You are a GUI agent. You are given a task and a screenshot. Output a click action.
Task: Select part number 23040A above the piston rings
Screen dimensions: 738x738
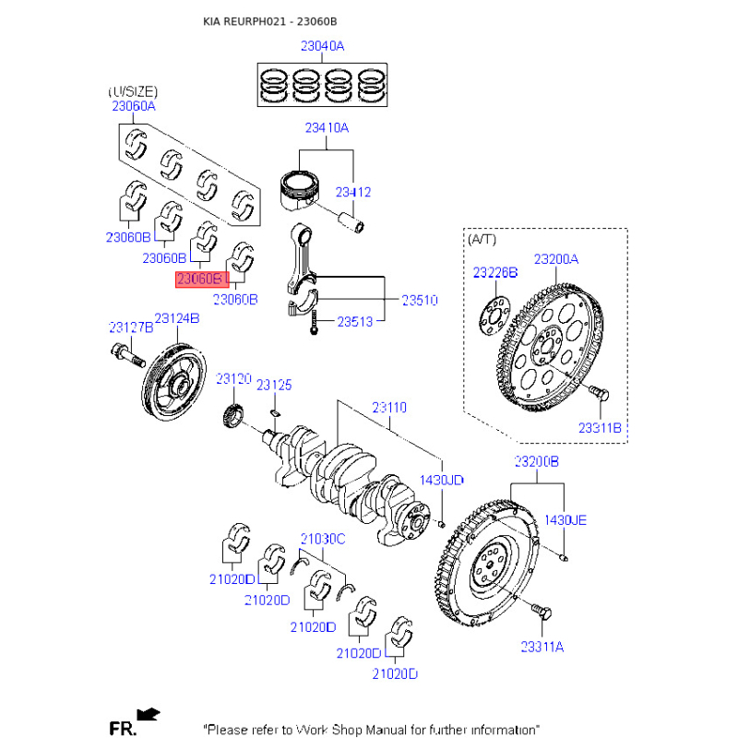click(322, 46)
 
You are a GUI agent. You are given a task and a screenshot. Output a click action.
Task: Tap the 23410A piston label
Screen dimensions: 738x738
click(327, 128)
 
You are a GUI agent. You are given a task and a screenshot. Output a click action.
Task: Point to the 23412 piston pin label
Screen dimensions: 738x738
click(353, 192)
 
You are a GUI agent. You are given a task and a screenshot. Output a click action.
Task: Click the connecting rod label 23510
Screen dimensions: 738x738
click(420, 300)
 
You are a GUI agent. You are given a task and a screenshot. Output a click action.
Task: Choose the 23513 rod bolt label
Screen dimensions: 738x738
click(355, 322)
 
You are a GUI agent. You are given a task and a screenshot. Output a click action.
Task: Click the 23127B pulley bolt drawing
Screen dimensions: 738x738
click(127, 356)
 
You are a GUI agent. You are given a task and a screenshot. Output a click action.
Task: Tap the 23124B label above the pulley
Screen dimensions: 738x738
click(177, 318)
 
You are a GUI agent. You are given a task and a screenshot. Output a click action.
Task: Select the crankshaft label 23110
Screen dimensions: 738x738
click(389, 407)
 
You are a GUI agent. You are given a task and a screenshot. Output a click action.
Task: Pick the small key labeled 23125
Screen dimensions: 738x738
click(276, 412)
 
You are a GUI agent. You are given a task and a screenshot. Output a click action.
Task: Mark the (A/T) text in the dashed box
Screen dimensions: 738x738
click(482, 240)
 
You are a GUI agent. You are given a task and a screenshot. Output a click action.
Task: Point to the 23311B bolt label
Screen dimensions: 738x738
click(600, 428)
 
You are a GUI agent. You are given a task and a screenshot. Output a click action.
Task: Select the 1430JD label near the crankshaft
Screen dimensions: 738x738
click(442, 480)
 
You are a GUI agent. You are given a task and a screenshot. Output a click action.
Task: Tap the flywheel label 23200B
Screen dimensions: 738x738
click(537, 461)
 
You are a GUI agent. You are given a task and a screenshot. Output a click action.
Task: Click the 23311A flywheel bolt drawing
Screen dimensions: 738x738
click(542, 612)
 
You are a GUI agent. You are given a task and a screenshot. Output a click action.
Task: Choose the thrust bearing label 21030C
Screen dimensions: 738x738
click(323, 539)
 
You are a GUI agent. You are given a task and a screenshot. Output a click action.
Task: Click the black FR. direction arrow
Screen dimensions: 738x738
click(149, 715)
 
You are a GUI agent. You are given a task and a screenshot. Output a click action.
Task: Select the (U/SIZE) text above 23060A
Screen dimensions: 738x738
click(133, 91)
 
